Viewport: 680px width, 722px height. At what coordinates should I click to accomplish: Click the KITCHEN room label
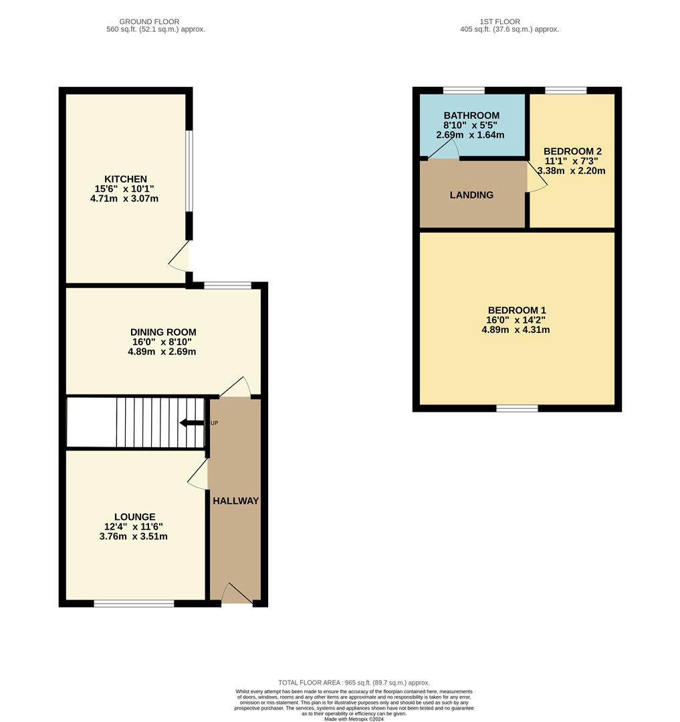(x=125, y=179)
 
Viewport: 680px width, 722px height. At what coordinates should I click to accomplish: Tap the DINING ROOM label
(x=163, y=332)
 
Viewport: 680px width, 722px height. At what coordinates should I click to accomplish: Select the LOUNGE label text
(x=134, y=517)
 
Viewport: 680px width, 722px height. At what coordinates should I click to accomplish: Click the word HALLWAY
(x=235, y=501)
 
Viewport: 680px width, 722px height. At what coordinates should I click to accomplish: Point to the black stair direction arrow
(x=192, y=423)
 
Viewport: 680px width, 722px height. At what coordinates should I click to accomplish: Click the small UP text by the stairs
(x=214, y=423)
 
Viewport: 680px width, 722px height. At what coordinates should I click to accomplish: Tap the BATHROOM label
(x=471, y=116)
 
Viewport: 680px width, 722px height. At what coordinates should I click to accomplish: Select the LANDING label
(x=471, y=195)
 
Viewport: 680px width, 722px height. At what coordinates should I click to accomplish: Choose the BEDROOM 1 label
(x=516, y=310)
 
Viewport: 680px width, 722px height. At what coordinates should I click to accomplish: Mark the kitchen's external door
(x=181, y=257)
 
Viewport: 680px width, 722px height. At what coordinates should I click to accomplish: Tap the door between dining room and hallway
(x=236, y=388)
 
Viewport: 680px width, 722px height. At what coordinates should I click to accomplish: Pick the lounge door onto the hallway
(x=199, y=474)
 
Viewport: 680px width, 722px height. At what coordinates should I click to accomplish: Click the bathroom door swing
(x=442, y=151)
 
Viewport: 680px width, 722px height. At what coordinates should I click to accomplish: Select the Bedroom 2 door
(x=537, y=178)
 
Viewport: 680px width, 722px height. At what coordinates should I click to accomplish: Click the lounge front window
(x=134, y=604)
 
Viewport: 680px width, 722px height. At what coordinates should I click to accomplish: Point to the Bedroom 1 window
(x=517, y=408)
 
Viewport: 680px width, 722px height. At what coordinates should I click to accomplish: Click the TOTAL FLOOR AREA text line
(x=354, y=683)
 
